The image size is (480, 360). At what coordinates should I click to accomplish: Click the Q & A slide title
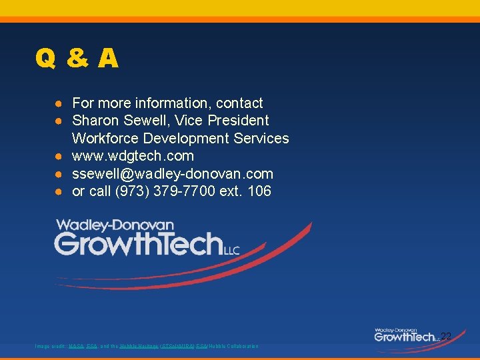77,59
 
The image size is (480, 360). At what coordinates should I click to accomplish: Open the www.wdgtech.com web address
133,156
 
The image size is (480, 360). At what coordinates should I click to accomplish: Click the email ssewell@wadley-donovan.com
173,174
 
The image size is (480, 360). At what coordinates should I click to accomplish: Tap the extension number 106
259,191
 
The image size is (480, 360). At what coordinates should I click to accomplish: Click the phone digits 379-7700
177,191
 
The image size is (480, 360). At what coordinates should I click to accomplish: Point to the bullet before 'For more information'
59,104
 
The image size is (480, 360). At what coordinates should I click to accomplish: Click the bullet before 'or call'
59,192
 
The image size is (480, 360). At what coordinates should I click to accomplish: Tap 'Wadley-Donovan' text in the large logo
115,225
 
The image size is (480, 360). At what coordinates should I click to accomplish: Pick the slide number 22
446,337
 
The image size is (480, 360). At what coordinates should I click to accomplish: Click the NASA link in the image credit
76,346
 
